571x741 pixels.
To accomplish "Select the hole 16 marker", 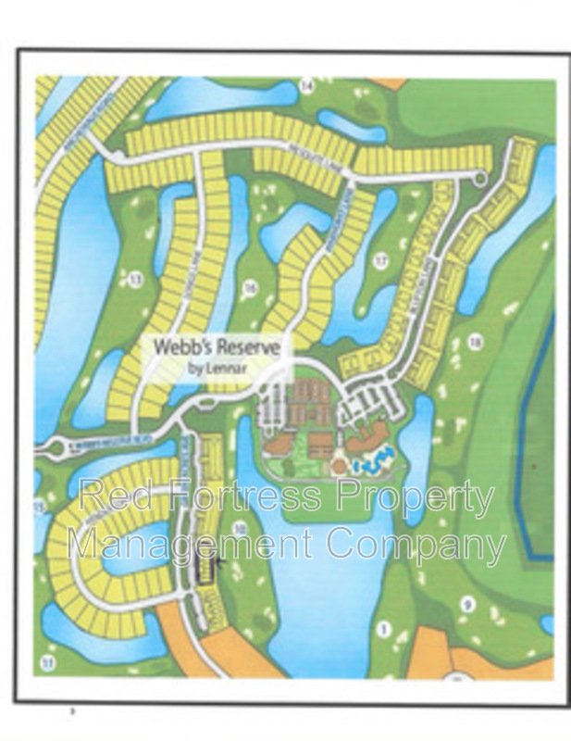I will (x=249, y=288).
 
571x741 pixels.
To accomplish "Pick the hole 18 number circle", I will (x=476, y=343).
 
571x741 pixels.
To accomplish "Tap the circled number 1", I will (x=381, y=628).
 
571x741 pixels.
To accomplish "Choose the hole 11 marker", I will (x=48, y=661).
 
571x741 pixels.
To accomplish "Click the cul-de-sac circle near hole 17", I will (x=479, y=178).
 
